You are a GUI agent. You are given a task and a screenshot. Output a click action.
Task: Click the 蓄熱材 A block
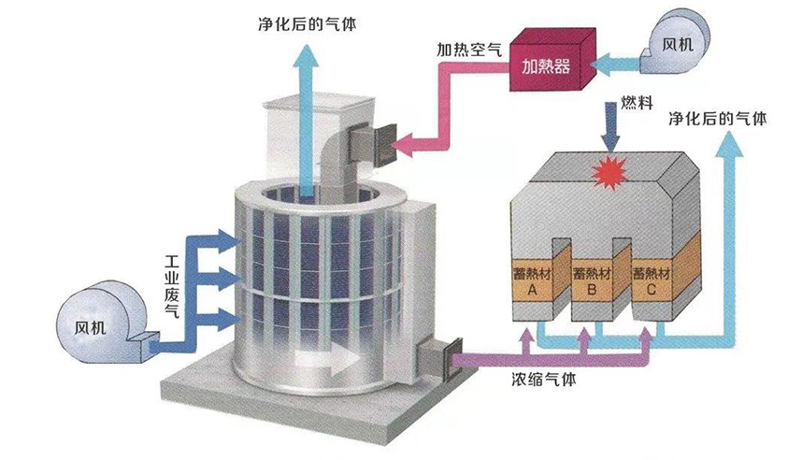coord(530,280)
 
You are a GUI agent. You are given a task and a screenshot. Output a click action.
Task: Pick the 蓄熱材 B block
coord(590,280)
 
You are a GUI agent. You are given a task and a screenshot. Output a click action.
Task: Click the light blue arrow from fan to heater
coord(617,64)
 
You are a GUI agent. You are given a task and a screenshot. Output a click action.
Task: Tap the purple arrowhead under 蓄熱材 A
coord(529,326)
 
